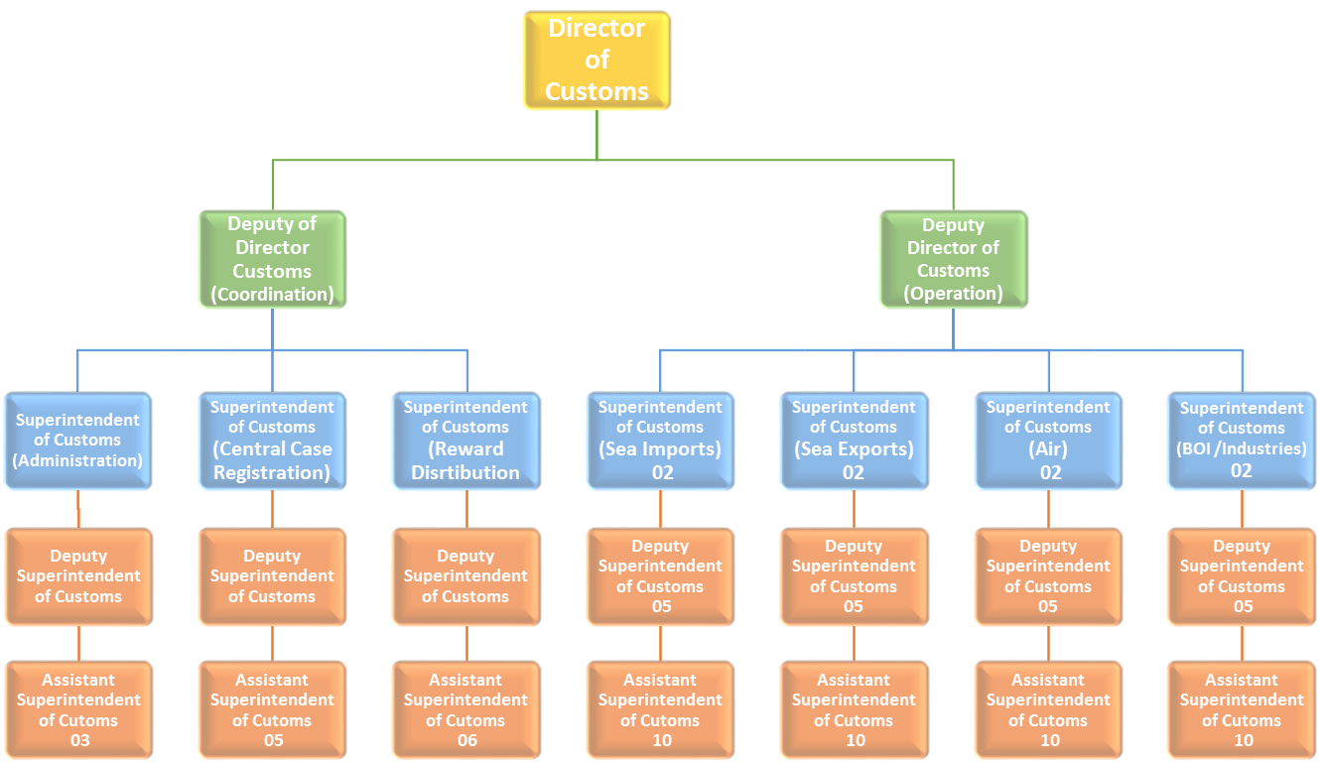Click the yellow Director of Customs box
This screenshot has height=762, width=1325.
(596, 60)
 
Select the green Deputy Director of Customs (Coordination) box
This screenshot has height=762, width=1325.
(272, 259)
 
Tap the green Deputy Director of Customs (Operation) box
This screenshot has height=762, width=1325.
(953, 259)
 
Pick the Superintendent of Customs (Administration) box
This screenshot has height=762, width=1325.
(77, 441)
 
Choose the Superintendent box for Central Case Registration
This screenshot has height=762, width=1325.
(272, 441)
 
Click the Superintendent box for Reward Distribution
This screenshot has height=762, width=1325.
(465, 441)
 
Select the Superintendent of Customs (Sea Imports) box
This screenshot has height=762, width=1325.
(660, 441)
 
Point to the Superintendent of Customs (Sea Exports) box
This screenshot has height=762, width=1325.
(854, 441)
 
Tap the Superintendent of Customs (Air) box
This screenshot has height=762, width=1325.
(1048, 441)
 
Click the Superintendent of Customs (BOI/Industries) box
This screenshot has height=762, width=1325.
(1242, 441)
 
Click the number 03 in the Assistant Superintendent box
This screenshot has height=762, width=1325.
(79, 741)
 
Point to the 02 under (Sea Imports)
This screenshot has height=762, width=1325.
(662, 472)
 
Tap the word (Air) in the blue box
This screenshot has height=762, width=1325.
(1049, 449)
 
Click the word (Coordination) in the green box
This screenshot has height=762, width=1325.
(272, 295)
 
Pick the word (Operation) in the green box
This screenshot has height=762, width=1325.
(953, 294)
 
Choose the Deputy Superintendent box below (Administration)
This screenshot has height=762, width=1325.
(77, 576)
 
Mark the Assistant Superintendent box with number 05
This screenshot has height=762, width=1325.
(272, 710)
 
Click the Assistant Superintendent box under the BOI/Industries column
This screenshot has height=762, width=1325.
(1242, 710)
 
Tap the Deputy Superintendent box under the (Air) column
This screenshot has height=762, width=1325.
(1048, 576)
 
